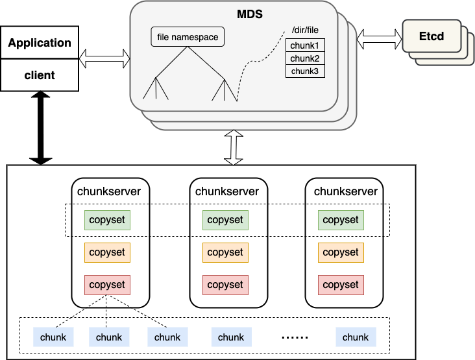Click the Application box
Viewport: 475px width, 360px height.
click(40, 42)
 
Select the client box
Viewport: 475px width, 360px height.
click(40, 75)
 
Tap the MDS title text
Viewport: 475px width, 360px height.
click(250, 14)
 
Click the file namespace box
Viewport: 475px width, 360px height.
click(188, 37)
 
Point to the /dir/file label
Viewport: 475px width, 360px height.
click(305, 30)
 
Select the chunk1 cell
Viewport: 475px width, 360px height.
click(305, 45)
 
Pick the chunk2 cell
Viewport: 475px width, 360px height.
click(305, 58)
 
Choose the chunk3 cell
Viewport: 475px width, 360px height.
click(305, 71)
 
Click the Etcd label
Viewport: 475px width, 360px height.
click(432, 36)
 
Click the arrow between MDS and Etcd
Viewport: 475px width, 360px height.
click(379, 39)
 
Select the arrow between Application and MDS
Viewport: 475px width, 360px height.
click(104, 59)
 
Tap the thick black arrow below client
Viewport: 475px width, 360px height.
click(41, 128)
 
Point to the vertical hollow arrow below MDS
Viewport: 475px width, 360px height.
click(234, 147)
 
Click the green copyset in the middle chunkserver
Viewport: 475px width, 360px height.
click(225, 220)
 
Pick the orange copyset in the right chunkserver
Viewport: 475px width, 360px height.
click(341, 252)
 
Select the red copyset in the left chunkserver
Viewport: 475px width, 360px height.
click(107, 285)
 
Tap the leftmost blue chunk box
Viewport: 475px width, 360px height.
click(53, 337)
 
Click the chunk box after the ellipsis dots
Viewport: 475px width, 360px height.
click(356, 337)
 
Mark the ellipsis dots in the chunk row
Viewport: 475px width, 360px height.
click(295, 337)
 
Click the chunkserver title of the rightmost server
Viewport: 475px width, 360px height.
click(346, 191)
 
